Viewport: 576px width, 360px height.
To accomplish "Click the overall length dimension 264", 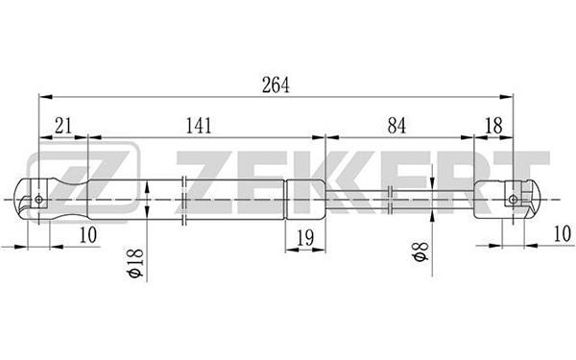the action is (x=276, y=84).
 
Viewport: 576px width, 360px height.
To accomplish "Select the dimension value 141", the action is (x=199, y=126).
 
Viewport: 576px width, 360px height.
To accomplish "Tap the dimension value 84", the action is (x=396, y=126).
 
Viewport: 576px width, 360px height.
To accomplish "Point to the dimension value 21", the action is (x=63, y=126).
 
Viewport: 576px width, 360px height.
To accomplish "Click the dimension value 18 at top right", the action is (x=493, y=126).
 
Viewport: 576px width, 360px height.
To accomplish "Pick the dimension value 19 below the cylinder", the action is (x=305, y=238).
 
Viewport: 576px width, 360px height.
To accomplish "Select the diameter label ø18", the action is (x=135, y=263).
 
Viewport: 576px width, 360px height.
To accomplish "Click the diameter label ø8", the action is (x=420, y=252).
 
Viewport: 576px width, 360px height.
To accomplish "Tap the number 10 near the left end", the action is (x=88, y=235).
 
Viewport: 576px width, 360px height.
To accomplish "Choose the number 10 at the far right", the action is (x=563, y=233).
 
